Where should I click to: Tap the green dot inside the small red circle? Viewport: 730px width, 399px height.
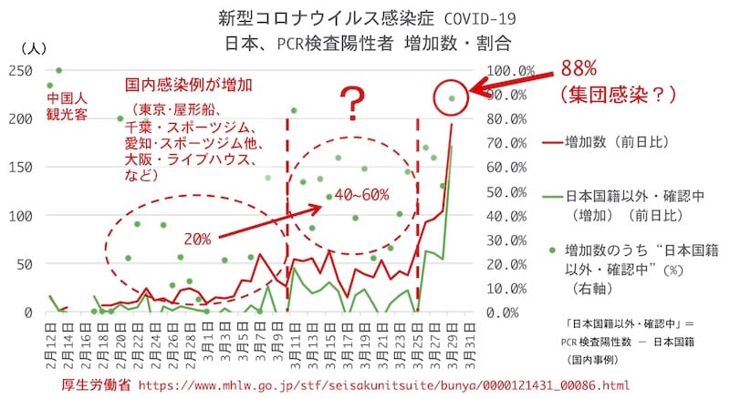pyautogui.click(x=452, y=97)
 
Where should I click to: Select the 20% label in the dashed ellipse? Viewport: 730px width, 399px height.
pyautogui.click(x=199, y=239)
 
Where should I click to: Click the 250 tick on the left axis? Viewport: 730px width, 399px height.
pyautogui.click(x=18, y=71)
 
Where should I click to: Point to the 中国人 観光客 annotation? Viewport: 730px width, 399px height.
pyautogui.click(x=68, y=107)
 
